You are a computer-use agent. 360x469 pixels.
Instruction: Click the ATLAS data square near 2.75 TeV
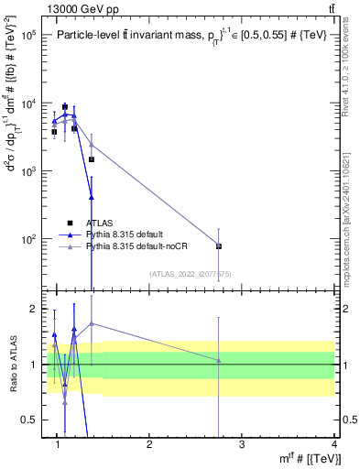click(219, 245)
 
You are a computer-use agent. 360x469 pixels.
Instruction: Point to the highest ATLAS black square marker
click(65, 106)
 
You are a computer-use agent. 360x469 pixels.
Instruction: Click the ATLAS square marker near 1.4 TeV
click(92, 159)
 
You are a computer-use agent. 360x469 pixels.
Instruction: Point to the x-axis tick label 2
click(150, 444)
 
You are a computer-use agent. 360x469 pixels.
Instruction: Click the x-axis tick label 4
click(334, 444)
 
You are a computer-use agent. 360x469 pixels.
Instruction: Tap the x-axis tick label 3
click(242, 444)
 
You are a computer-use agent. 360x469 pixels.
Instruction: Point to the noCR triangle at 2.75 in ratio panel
click(219, 360)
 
